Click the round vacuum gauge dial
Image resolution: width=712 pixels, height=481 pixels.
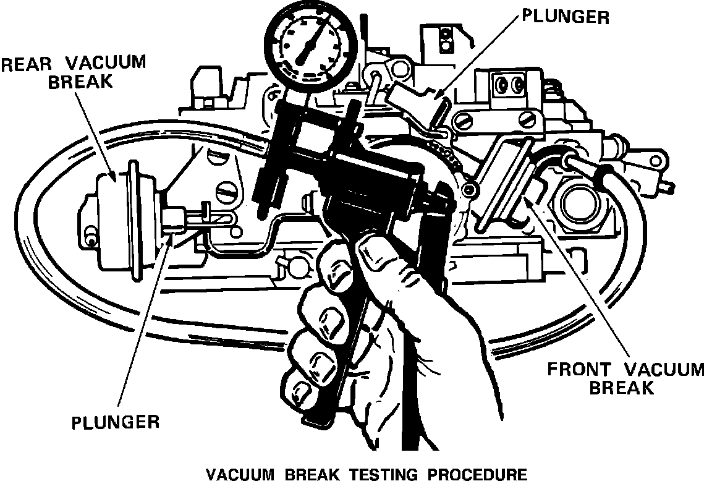(x=310, y=45)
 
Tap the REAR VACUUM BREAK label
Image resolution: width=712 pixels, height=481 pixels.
(x=74, y=72)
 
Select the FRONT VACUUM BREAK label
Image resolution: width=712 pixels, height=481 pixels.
(x=626, y=378)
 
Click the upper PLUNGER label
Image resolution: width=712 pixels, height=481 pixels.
(x=566, y=17)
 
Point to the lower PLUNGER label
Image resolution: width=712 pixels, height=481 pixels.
(x=116, y=423)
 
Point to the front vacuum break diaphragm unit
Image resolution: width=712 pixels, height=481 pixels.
(x=504, y=179)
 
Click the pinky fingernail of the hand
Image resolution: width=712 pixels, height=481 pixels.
(x=304, y=391)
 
